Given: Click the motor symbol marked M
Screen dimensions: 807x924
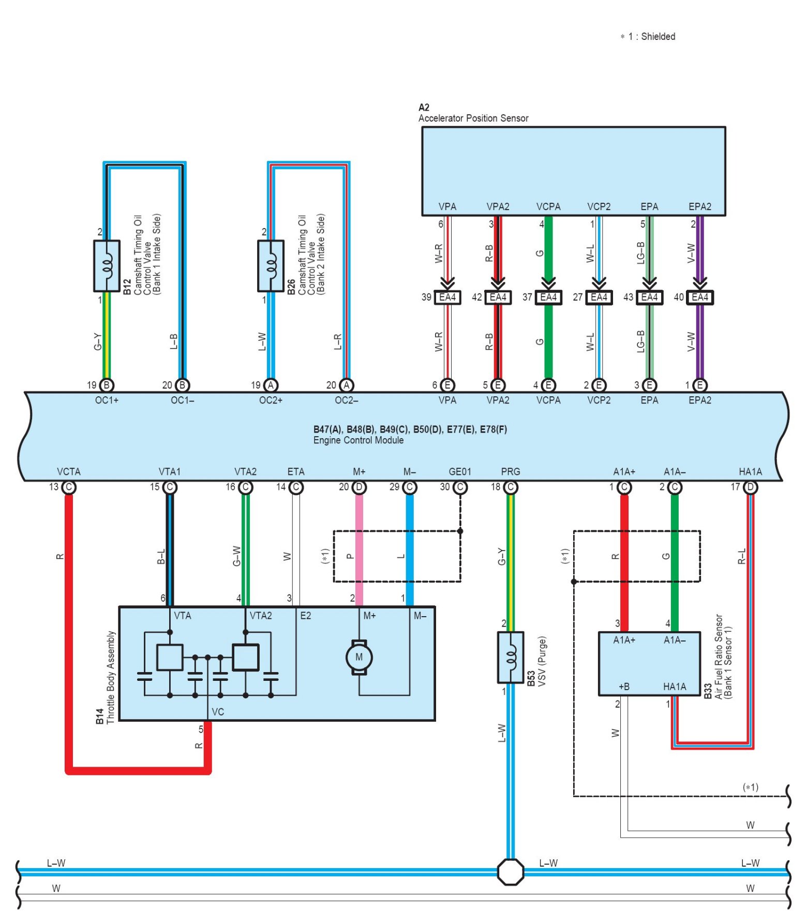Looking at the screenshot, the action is [359, 657].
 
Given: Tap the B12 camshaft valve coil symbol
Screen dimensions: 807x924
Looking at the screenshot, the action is [107, 266].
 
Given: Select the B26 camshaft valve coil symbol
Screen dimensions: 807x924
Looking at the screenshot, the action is [271, 266].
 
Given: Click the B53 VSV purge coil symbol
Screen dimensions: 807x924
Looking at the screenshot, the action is [511, 657].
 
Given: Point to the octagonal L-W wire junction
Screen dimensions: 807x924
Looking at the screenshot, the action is [511, 872].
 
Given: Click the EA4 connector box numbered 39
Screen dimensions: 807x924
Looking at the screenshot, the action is [447, 297].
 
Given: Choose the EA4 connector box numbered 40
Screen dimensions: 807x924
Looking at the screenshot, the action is [700, 297].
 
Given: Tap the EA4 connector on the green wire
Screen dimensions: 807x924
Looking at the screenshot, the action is [548, 297].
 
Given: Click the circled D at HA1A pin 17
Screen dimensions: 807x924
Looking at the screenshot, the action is [751, 487].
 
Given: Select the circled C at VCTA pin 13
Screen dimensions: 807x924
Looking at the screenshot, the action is [69, 487].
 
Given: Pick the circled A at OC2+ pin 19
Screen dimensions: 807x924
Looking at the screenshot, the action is [271, 385].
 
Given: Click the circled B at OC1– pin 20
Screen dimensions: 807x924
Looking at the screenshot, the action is [183, 385].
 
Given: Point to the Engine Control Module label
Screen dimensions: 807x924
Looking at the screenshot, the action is [358, 440].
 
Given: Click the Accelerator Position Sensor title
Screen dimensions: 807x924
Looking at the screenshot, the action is [473, 118].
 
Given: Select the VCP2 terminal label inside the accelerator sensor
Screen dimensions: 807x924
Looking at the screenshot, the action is [599, 206].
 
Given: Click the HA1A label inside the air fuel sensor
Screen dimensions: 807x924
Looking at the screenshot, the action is [675, 687].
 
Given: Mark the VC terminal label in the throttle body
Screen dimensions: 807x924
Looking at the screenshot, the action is [218, 712].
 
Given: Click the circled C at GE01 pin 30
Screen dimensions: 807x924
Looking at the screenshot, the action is [460, 487].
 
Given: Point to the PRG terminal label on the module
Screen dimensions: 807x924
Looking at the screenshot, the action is [511, 472].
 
